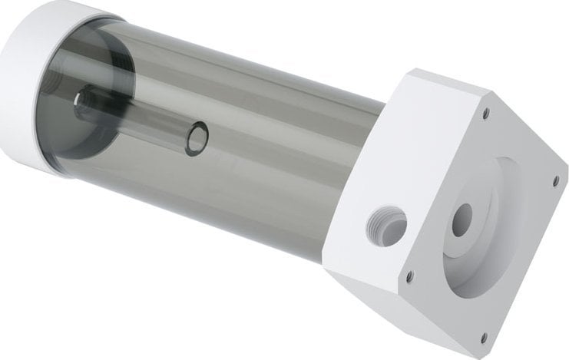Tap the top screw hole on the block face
(485, 113)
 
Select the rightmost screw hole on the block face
(556, 181)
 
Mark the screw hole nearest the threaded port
(411, 274)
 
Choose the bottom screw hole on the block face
(483, 335)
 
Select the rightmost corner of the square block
(565, 173)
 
